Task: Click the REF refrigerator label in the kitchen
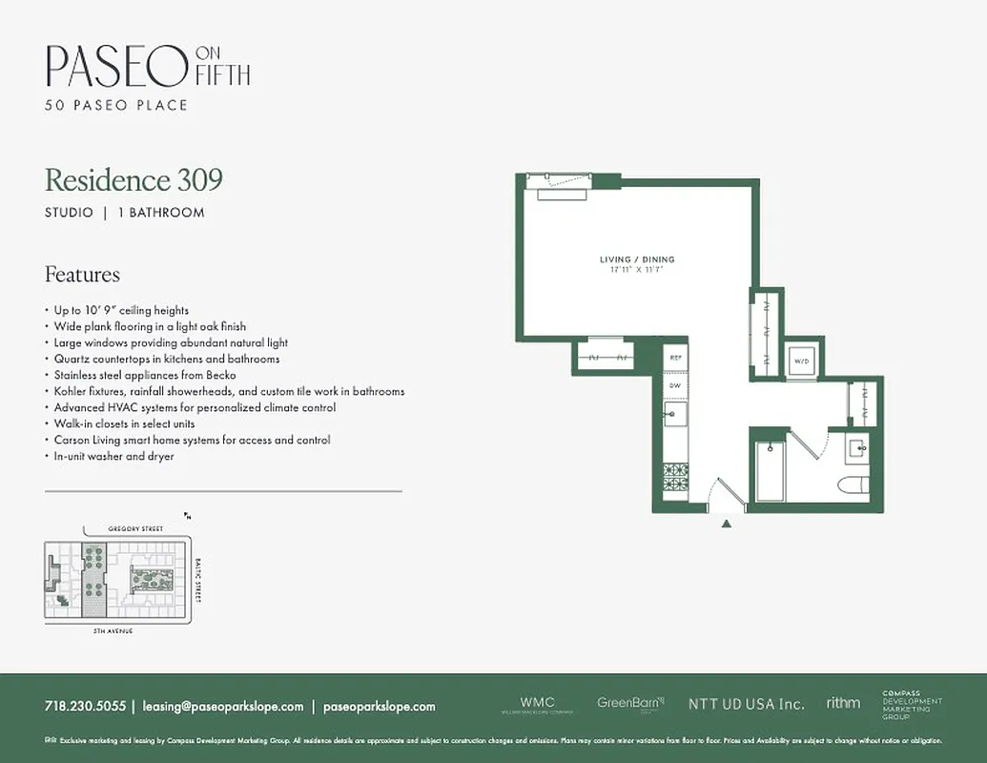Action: pyautogui.click(x=675, y=357)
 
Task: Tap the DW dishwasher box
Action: pyautogui.click(x=675, y=385)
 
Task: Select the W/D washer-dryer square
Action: pyautogui.click(x=799, y=361)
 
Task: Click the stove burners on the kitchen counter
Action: pyautogui.click(x=676, y=474)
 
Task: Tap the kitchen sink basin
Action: pyautogui.click(x=676, y=413)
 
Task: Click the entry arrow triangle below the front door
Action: pyautogui.click(x=727, y=524)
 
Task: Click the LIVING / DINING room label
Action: pyautogui.click(x=637, y=259)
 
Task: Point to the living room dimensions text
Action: pyautogui.click(x=637, y=271)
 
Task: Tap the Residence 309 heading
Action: pyautogui.click(x=134, y=179)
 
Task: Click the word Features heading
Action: pyautogui.click(x=82, y=275)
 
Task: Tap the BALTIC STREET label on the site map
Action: pyautogui.click(x=198, y=580)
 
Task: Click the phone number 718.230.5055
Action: pyautogui.click(x=85, y=707)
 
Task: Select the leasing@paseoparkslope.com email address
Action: pyautogui.click(x=223, y=707)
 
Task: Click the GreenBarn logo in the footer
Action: pyautogui.click(x=630, y=703)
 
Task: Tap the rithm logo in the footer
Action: pyautogui.click(x=843, y=703)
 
